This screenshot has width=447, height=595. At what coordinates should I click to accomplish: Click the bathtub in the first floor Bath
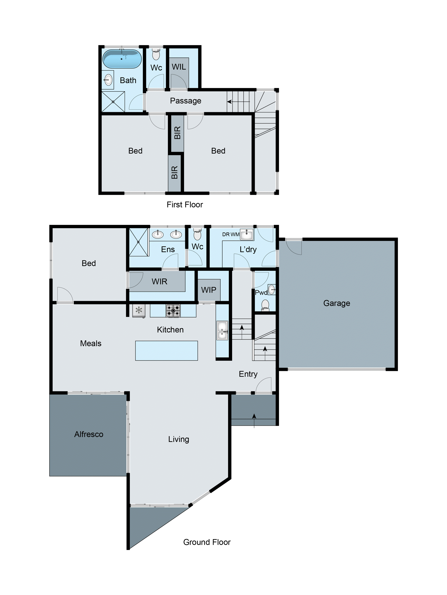122,59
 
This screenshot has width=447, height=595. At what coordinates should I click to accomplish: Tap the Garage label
337,303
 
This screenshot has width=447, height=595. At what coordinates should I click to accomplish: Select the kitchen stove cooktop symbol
173,311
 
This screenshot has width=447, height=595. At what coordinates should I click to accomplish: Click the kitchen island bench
167,351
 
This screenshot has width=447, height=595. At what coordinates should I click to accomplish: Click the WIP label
209,290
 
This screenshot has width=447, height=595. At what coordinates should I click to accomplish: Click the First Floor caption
185,205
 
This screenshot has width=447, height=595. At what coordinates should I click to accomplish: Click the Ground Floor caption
207,542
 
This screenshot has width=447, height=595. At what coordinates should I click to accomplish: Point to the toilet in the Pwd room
265,305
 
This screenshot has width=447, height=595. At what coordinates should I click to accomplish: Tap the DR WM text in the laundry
231,234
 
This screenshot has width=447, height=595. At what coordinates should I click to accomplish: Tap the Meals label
91,344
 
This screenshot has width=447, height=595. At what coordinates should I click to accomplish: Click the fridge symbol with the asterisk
139,311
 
